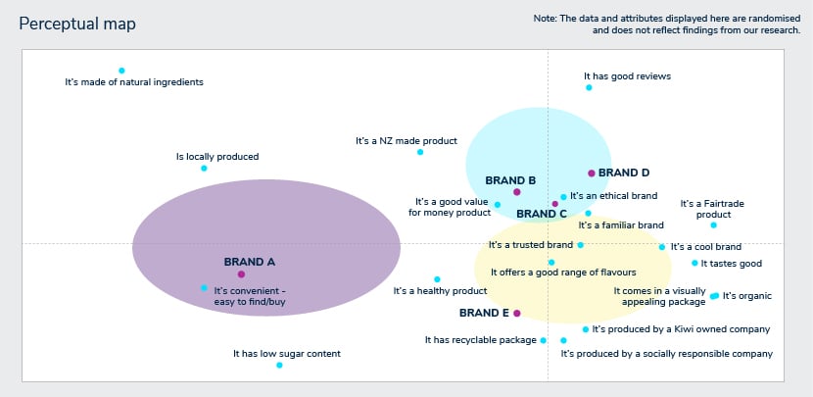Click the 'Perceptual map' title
(77, 24)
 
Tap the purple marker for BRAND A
(241, 274)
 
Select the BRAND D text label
(624, 173)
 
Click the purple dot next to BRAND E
(517, 313)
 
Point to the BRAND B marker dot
(517, 192)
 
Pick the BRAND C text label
(541, 214)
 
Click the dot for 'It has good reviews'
(589, 87)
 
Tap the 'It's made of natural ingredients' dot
(121, 71)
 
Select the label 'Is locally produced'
(217, 157)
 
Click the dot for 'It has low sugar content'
(279, 365)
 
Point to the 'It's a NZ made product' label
(406, 141)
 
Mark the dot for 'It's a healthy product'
(437, 279)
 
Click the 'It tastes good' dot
(694, 263)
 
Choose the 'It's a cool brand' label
(706, 247)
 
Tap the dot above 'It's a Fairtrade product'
(713, 225)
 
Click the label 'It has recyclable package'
(479, 340)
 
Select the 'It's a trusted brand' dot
(580, 245)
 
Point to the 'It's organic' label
(747, 295)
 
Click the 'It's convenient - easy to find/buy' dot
(204, 287)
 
